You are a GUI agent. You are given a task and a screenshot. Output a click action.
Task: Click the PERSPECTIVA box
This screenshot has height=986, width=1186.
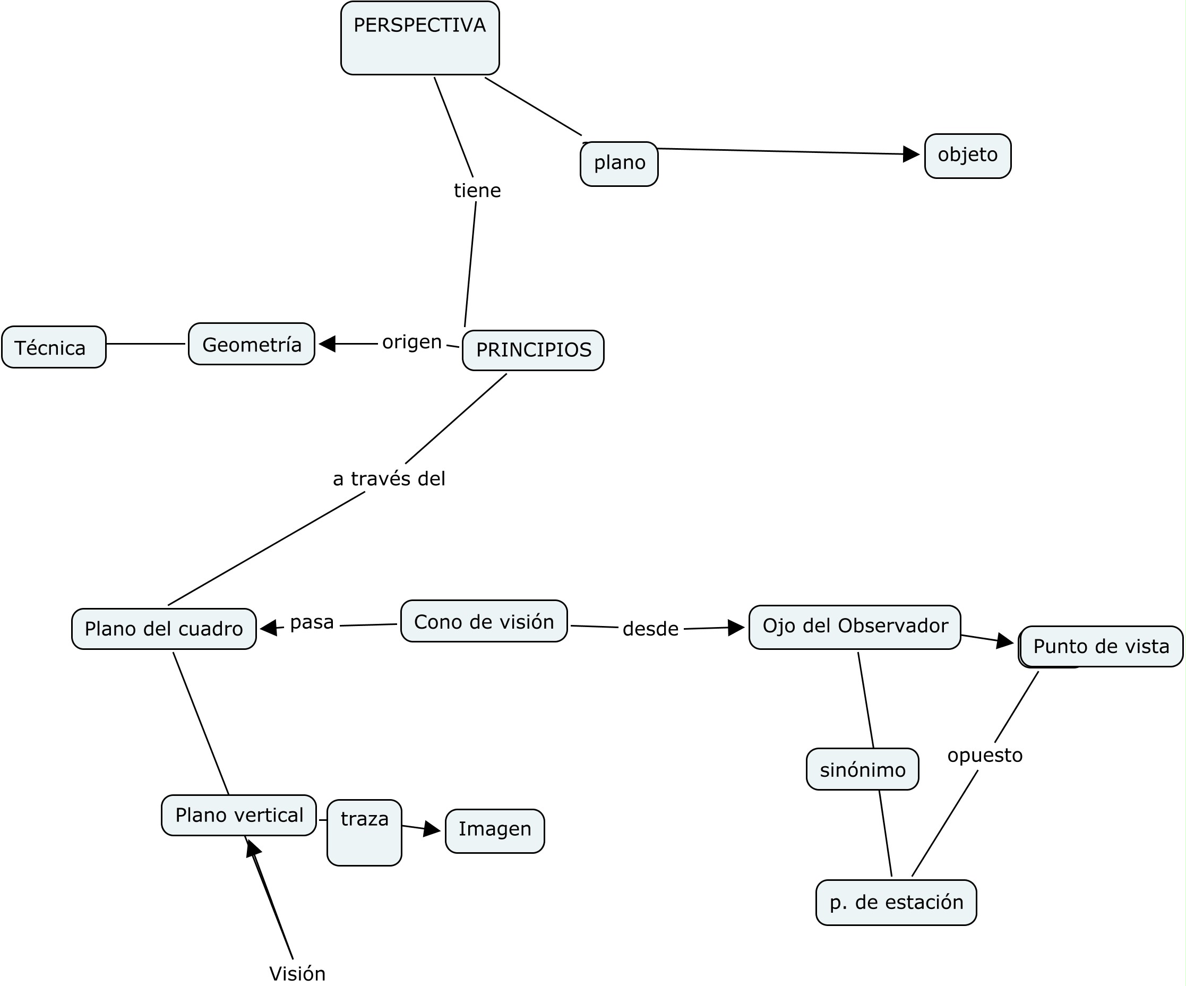pyautogui.click(x=419, y=38)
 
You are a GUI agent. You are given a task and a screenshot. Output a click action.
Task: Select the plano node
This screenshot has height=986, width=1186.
pyautogui.click(x=619, y=164)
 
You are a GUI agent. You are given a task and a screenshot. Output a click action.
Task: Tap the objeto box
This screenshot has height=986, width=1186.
pyautogui.click(x=967, y=156)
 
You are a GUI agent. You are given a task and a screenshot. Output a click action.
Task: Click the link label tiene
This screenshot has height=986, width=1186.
pyautogui.click(x=477, y=190)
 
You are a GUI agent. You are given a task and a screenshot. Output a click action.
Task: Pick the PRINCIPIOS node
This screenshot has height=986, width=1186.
pyautogui.click(x=532, y=350)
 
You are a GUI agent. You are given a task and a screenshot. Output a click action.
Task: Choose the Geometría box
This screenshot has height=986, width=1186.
pyautogui.click(x=251, y=344)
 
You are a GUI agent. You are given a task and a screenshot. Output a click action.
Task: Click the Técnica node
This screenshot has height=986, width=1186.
pyautogui.click(x=54, y=347)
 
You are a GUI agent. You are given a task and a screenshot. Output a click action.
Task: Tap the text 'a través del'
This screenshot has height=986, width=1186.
pyautogui.click(x=389, y=479)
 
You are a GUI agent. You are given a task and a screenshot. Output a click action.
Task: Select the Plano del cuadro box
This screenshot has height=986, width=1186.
pyautogui.click(x=164, y=629)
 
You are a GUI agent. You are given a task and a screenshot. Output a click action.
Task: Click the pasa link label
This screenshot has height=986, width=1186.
pyautogui.click(x=312, y=622)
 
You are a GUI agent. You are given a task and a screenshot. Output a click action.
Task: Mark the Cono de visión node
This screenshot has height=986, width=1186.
pyautogui.click(x=484, y=621)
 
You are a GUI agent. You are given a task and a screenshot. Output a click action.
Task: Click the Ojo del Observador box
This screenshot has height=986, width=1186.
pyautogui.click(x=855, y=627)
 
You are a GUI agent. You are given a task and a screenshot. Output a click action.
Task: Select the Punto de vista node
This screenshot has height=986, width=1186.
pyautogui.click(x=1101, y=646)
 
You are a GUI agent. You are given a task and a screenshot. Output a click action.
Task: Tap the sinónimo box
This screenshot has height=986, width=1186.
pyautogui.click(x=862, y=769)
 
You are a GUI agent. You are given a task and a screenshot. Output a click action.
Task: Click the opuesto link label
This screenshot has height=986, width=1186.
pyautogui.click(x=985, y=755)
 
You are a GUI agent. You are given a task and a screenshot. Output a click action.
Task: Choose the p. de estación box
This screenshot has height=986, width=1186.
pyautogui.click(x=896, y=903)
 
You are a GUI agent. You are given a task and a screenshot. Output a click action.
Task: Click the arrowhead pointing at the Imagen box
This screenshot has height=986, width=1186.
pyautogui.click(x=432, y=829)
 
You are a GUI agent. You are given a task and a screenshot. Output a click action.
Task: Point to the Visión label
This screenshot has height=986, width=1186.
pyautogui.click(x=297, y=974)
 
